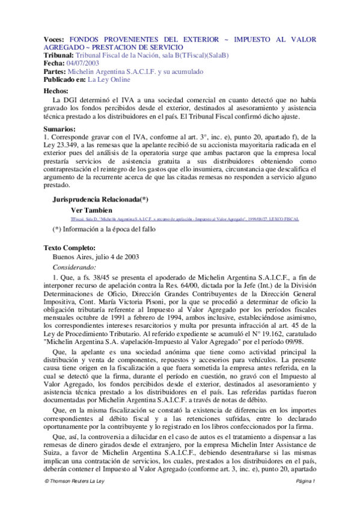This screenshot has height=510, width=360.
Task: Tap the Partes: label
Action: (58, 70)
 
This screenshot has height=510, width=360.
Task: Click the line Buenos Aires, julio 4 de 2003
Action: (96, 256)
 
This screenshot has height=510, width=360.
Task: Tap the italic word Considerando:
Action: (75, 266)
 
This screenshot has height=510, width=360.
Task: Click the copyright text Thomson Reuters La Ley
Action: (76, 498)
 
